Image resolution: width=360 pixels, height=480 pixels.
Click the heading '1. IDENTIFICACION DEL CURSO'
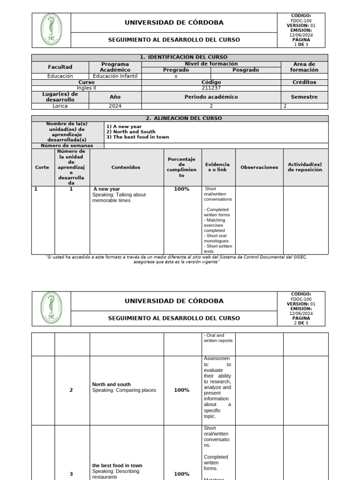point(180,57)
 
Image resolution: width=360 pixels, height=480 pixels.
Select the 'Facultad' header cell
point(60,67)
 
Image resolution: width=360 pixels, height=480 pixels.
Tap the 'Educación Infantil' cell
point(115,76)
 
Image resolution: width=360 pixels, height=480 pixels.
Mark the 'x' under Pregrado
point(176,76)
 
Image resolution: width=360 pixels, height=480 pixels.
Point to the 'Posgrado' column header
point(246,70)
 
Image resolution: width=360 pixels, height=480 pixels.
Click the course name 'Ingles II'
point(86,88)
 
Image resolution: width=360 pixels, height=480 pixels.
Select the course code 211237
point(211,88)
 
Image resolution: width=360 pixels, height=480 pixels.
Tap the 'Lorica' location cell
point(60,106)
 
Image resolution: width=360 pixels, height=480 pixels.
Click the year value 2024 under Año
point(115,106)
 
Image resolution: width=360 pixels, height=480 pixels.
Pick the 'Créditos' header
point(305,82)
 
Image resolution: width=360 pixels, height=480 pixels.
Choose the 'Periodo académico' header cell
point(211,97)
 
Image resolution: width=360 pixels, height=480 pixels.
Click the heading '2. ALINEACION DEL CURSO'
point(180,118)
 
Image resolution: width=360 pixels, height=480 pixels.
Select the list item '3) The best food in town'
point(138,137)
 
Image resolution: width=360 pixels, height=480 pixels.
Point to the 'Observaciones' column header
point(259,167)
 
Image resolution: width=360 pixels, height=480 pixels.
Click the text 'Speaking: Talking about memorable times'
point(119,197)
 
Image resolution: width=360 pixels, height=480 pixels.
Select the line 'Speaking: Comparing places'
point(124,390)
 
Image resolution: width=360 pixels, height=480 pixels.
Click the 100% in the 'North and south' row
point(181,390)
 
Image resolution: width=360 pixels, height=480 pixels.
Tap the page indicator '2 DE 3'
point(301,323)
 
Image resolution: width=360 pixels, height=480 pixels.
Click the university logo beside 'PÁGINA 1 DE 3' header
point(51,30)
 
